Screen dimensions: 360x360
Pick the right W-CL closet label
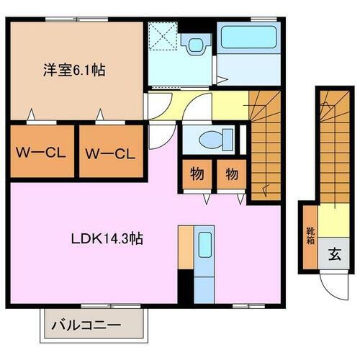click(x=109, y=153)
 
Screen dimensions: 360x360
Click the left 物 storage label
click(x=196, y=174)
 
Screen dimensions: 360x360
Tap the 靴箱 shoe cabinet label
click(x=310, y=236)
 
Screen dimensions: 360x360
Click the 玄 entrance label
click(x=335, y=253)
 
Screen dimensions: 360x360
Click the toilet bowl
click(x=210, y=138)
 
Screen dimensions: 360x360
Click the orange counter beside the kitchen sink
click(x=185, y=248)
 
